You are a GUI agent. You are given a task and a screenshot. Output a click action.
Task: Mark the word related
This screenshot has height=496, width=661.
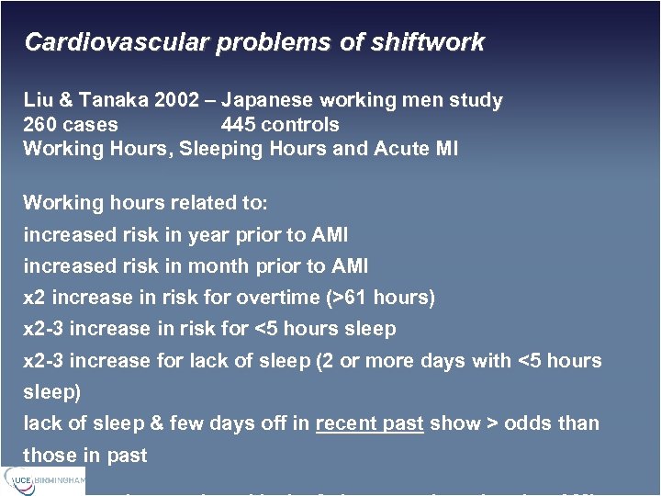[183, 203]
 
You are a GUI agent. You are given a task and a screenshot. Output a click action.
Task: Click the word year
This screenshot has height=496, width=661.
[207, 235]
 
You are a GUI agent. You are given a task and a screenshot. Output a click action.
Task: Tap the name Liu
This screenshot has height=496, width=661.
[39, 100]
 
